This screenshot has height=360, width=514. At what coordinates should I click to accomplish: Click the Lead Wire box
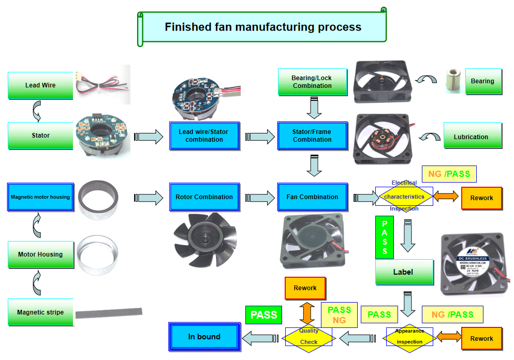[x=40, y=85]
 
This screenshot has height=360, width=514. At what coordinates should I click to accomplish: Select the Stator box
[x=40, y=136]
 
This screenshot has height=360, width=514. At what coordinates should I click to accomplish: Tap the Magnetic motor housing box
[x=40, y=197]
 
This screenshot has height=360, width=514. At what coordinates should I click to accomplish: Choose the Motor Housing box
[x=40, y=254]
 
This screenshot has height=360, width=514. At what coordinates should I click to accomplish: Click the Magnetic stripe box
[x=40, y=312]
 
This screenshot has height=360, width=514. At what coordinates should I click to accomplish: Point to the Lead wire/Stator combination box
[x=204, y=136]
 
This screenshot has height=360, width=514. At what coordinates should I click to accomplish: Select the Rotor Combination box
[x=204, y=197]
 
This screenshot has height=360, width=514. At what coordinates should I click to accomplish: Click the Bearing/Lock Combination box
[x=312, y=82]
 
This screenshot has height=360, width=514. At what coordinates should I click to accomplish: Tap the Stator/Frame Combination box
[x=312, y=136]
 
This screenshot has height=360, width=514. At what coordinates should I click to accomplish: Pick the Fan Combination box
[x=312, y=197]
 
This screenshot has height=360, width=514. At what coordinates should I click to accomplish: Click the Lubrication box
[x=473, y=137]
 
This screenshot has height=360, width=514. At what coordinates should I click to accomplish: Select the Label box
[x=404, y=272]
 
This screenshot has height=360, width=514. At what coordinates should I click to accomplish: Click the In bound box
[x=205, y=337]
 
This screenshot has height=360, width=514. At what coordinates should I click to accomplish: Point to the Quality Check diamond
[x=309, y=337]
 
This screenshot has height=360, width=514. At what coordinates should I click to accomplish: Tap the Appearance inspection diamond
[x=410, y=337]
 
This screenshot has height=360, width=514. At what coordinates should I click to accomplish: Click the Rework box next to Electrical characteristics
[x=482, y=198]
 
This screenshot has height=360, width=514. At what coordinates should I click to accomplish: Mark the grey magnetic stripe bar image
[x=109, y=312]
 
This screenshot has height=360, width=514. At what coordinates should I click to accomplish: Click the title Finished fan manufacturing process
[x=263, y=27]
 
